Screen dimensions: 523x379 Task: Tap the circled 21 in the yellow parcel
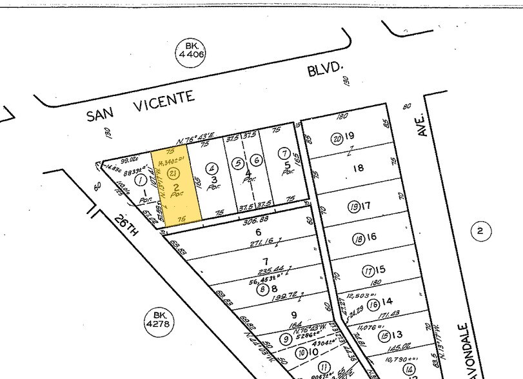(172, 173)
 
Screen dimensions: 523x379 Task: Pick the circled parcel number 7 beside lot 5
(284, 153)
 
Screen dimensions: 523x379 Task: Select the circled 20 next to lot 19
(336, 138)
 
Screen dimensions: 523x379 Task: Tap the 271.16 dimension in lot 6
(242, 243)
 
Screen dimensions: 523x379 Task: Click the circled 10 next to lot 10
(301, 353)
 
